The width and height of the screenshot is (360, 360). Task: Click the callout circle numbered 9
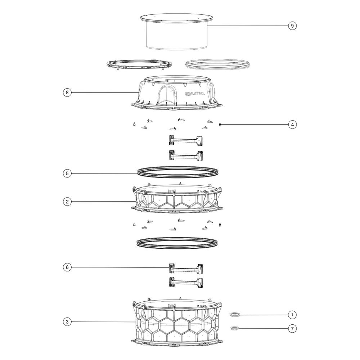tap(292, 26)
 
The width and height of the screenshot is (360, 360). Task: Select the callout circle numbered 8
tap(67, 93)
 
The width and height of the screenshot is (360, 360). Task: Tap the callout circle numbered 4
tap(292, 125)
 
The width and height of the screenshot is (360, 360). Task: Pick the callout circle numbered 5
tap(67, 173)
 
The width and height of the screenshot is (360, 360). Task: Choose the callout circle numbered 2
tap(67, 202)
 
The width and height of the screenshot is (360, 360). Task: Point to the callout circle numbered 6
tap(67, 267)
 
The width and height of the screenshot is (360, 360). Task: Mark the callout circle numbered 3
tap(67, 322)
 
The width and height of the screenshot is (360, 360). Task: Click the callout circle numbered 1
tap(292, 315)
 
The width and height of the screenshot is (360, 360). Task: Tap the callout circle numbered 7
tap(292, 329)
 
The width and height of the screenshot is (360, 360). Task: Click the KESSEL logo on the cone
tap(195, 94)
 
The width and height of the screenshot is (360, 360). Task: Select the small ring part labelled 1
tap(235, 315)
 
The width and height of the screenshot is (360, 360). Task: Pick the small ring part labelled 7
tap(235, 328)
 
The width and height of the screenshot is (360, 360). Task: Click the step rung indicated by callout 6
tap(186, 269)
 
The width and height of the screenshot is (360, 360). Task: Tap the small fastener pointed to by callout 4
tap(220, 125)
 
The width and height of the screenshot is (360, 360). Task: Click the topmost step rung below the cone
tap(186, 140)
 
